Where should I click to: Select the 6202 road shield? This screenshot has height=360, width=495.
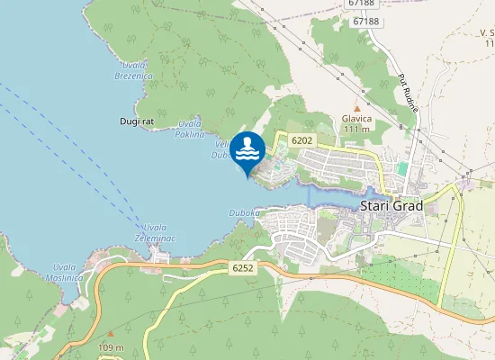[302, 139]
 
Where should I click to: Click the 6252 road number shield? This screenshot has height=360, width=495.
[242, 267]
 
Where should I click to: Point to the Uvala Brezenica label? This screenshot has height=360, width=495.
[133, 71]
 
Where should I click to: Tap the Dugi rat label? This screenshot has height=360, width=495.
[136, 121]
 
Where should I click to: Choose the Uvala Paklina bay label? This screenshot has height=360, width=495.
[190, 128]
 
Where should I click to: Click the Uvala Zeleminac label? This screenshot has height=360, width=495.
[155, 232]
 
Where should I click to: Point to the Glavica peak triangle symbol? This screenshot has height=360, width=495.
[356, 109]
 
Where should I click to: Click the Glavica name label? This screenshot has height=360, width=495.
[356, 118]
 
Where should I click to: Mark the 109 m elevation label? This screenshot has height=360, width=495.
[111, 347]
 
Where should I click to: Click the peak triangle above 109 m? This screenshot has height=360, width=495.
[111, 334]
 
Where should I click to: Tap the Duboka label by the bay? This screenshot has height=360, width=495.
[244, 212]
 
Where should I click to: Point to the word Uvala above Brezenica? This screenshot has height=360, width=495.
[133, 66]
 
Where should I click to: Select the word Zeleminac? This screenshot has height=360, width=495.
[155, 238]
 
